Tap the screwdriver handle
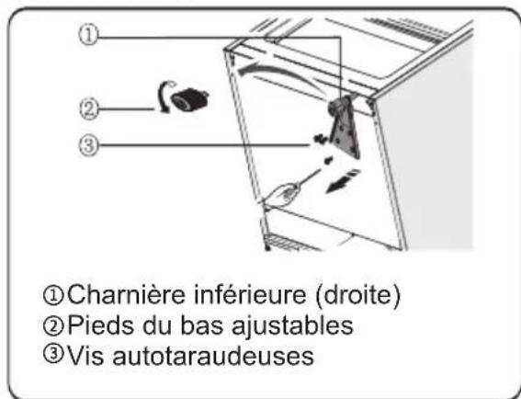(x=284, y=195)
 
